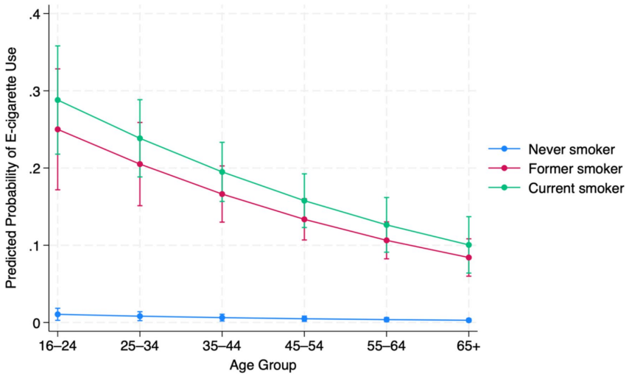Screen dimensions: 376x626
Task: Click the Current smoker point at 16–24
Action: pyautogui.click(x=57, y=100)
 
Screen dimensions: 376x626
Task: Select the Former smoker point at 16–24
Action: pyautogui.click(x=57, y=129)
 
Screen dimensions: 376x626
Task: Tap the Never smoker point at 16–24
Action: pyautogui.click(x=57, y=314)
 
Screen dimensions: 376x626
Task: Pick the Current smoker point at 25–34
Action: pyautogui.click(x=140, y=138)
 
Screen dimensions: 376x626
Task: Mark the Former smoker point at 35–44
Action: pyautogui.click(x=222, y=194)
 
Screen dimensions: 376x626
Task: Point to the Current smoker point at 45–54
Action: pyautogui.click(x=304, y=201)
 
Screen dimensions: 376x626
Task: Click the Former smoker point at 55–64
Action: pyautogui.click(x=386, y=240)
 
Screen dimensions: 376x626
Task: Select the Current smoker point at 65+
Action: pyautogui.click(x=468, y=245)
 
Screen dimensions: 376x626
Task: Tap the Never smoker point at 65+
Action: pyautogui.click(x=468, y=320)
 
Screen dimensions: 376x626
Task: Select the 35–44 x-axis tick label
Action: pyautogui.click(x=222, y=345)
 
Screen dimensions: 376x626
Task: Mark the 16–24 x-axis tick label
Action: pyautogui.click(x=57, y=345)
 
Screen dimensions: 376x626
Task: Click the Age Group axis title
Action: pyautogui.click(x=263, y=363)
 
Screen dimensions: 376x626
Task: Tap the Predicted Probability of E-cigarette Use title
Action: pyautogui.click(x=12, y=169)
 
